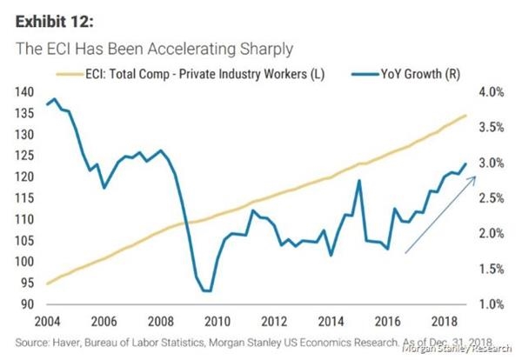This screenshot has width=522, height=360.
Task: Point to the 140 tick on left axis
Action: click(x=23, y=92)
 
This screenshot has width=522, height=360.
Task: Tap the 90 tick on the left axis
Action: click(x=26, y=304)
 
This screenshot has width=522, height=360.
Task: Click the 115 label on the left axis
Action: click(x=23, y=198)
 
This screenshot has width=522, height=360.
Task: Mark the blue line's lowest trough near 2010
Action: click(x=206, y=290)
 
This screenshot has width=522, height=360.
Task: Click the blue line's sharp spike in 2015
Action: click(x=358, y=181)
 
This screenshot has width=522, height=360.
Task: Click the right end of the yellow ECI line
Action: click(x=466, y=115)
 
